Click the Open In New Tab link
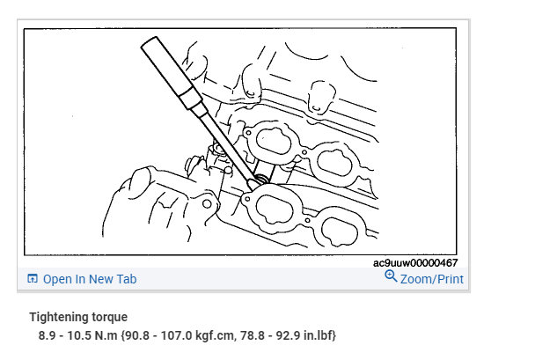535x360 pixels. coord(90,279)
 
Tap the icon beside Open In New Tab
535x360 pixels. coord(32,279)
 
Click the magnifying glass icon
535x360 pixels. coord(391,276)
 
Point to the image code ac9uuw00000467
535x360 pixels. coord(415,263)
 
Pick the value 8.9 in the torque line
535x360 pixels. coord(48,335)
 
